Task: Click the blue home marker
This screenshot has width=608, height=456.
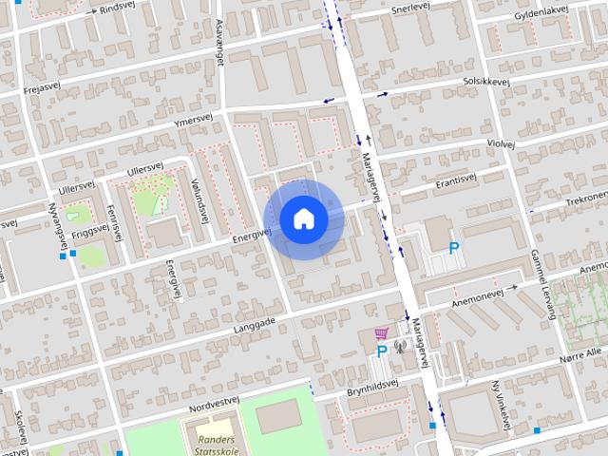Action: (303, 218)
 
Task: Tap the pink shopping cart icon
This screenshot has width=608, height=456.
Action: (382, 333)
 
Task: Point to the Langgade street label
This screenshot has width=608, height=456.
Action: (255, 323)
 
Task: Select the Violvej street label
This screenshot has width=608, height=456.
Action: (500, 143)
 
